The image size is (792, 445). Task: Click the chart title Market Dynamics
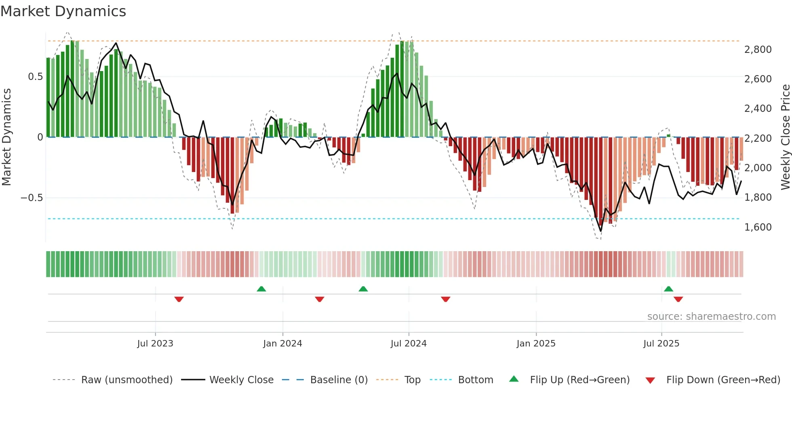63,11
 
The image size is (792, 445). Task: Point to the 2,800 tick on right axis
758,50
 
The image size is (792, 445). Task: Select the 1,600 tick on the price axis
758,227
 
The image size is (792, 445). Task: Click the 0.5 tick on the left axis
35,77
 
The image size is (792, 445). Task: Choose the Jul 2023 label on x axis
155,344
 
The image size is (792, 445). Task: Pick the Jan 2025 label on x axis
536,344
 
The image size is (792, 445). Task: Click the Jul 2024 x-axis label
409,344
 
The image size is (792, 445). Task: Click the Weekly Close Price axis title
786,137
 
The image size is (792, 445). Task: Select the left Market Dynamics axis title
6,137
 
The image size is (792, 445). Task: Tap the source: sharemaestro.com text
711,317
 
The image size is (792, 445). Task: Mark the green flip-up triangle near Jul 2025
668,289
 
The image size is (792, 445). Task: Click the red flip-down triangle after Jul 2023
179,299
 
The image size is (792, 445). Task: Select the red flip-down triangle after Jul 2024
445,299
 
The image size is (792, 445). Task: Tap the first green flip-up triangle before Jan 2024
261,289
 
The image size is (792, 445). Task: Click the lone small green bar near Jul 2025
668,136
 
